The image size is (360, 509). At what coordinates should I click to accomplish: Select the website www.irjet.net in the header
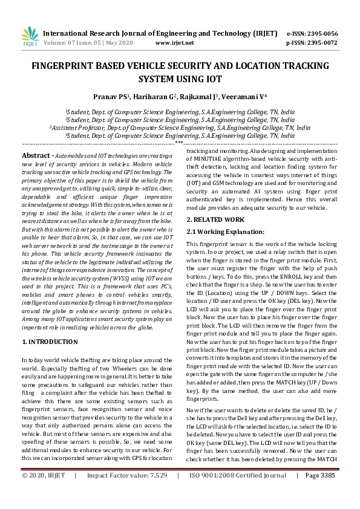[x=174, y=43]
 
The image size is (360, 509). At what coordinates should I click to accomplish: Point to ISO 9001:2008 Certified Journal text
[x=238, y=493]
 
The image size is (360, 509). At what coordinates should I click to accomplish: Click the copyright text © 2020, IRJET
[x=44, y=493]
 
